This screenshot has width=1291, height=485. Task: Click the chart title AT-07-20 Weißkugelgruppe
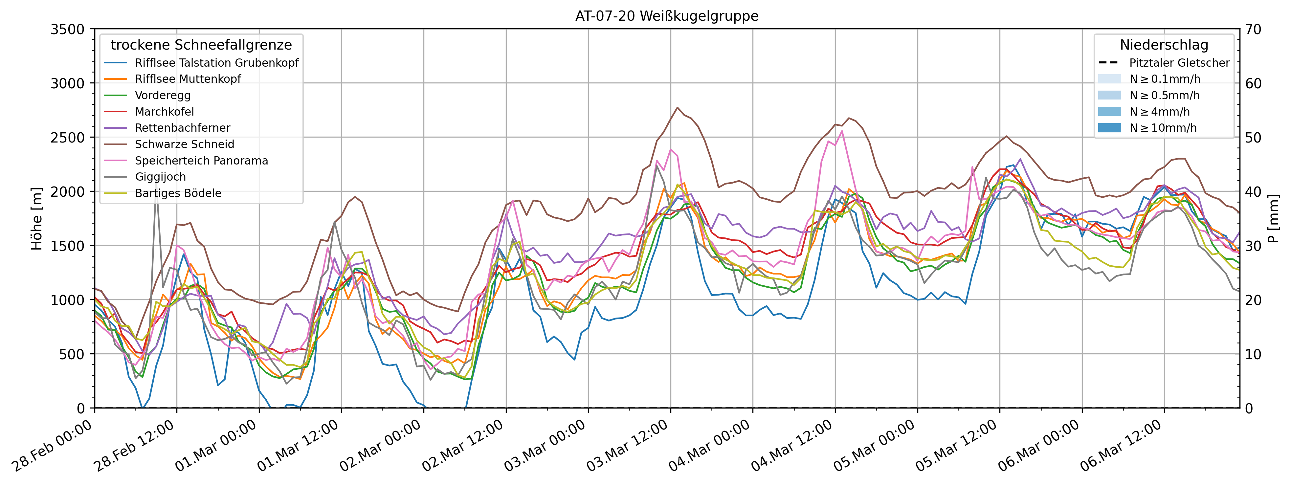click(667, 16)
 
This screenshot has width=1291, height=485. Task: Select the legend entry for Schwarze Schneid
click(185, 144)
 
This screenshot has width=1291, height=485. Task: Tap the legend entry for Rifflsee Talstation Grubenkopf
click(216, 63)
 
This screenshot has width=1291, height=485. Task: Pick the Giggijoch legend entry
click(160, 177)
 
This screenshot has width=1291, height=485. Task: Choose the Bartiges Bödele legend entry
click(178, 193)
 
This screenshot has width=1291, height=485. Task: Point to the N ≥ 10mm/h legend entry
click(1163, 128)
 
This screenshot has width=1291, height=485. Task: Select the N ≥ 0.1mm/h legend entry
click(1165, 79)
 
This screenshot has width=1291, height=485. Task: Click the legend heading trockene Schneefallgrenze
click(201, 45)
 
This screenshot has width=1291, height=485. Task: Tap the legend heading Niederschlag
click(1164, 45)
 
